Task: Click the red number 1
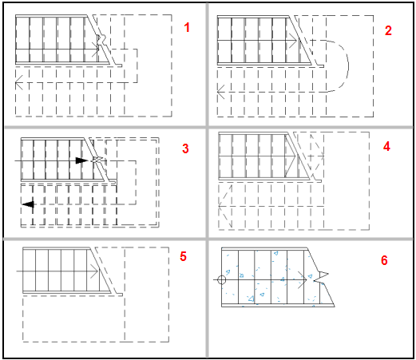point(187,27)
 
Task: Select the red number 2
point(388,30)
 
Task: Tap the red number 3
point(185,148)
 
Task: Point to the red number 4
point(386,147)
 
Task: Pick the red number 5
point(183,256)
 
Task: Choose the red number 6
point(384,260)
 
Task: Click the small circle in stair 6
point(221,279)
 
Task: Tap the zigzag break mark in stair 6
point(321,277)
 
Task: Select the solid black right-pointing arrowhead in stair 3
point(81,160)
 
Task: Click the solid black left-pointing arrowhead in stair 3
point(28,204)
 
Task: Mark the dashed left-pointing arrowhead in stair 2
point(220,92)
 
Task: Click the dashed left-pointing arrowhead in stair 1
point(19,82)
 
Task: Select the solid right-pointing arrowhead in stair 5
point(94,271)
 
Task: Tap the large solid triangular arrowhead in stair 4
point(290,156)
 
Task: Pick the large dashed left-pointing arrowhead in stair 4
point(225,206)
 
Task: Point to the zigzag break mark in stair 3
point(97,160)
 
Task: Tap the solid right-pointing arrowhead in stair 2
point(292,41)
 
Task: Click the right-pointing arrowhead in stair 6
point(303,280)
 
